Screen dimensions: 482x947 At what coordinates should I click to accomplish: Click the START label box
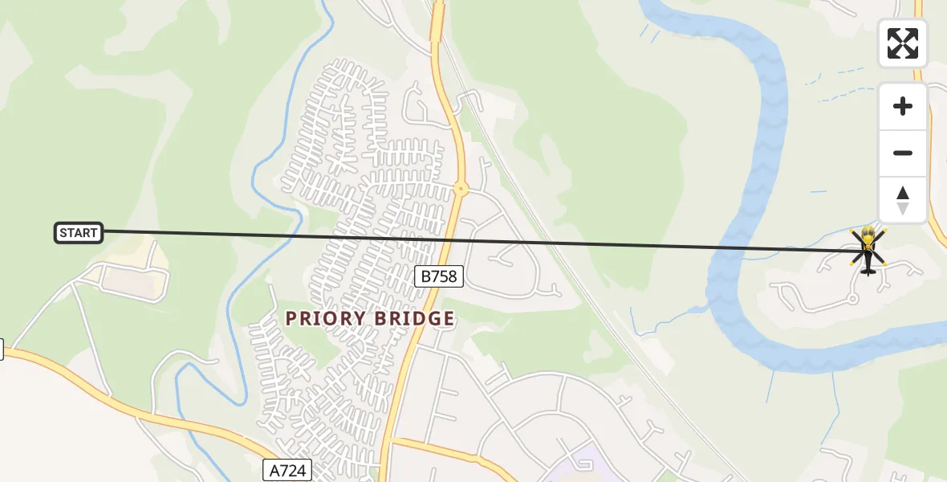pos(79,233)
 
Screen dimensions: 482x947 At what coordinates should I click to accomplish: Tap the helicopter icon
pos(868,251)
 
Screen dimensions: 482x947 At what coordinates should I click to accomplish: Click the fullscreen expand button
pos(903,43)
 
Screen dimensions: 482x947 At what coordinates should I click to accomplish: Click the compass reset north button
pos(903,200)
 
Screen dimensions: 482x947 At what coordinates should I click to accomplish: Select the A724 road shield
pos(287,470)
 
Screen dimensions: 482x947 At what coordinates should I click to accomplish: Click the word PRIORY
pos(325,319)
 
